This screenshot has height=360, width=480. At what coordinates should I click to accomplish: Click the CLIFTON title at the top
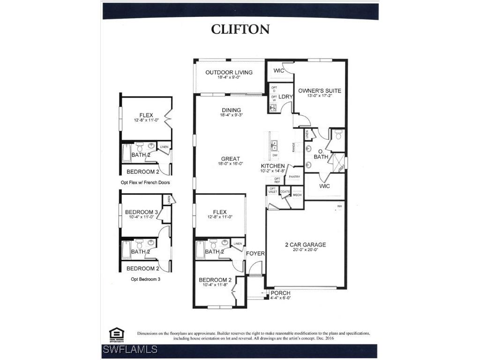[240, 29]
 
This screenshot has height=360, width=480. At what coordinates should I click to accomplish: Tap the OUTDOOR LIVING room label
[229, 72]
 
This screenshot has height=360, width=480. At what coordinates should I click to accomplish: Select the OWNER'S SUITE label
[320, 90]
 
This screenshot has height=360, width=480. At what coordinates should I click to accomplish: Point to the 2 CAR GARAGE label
[305, 245]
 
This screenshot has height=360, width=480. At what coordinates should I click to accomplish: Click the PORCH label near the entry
[280, 293]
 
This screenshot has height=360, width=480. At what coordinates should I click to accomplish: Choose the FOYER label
[255, 254]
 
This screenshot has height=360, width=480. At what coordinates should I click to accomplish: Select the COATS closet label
[285, 192]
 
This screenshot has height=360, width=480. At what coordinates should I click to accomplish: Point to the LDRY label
[285, 97]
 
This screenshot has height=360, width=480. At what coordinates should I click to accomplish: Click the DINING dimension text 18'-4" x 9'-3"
[231, 115]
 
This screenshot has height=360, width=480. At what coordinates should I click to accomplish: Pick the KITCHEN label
[273, 166]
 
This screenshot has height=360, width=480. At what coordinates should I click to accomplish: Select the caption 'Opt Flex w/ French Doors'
[145, 182]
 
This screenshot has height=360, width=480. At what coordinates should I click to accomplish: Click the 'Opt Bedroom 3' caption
[145, 279]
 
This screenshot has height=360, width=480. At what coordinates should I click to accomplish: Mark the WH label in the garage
[339, 206]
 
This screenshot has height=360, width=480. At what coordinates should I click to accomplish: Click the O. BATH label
[321, 154]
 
